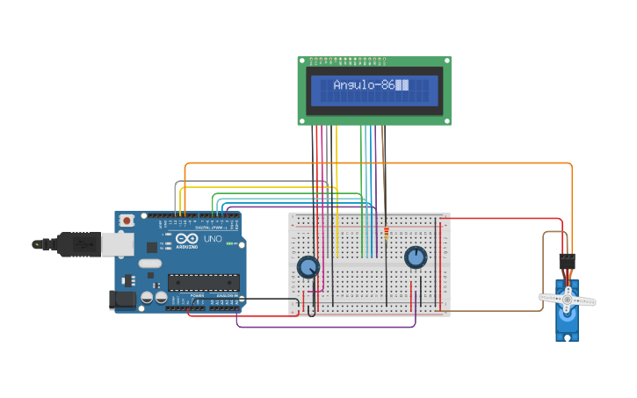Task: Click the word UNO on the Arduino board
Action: pyautogui.click(x=213, y=239)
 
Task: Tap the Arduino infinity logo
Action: pyautogui.click(x=187, y=239)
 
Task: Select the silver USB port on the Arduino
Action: pyautogui.click(x=117, y=243)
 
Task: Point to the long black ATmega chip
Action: pyautogui.click(x=204, y=282)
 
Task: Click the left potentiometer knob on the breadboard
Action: pyautogui.click(x=308, y=266)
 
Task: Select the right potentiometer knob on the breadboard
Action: pyautogui.click(x=416, y=257)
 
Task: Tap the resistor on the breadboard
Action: pyautogui.click(x=386, y=233)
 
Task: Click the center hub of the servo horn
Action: pyautogui.click(x=567, y=300)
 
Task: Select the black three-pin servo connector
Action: pyautogui.click(x=567, y=261)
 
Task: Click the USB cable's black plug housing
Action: pyautogui.click(x=79, y=243)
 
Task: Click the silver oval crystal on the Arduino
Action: pyautogui.click(x=150, y=263)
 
